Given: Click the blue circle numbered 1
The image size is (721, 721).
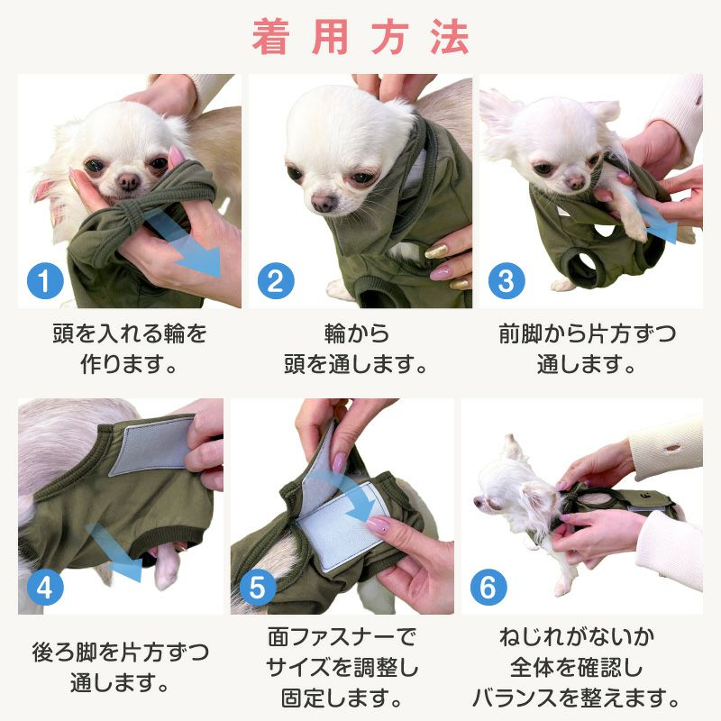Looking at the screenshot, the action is tap(45, 280).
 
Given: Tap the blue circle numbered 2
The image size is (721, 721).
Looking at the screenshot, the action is tap(276, 280).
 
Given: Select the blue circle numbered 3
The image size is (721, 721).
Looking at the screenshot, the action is tap(507, 280).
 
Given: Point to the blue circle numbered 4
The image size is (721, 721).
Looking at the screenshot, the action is tap(45, 588).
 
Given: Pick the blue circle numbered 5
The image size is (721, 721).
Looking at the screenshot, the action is tap(258, 588).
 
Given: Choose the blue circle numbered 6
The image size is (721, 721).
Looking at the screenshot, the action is tap(488, 588).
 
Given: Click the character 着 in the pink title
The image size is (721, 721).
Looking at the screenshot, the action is tap(271, 37).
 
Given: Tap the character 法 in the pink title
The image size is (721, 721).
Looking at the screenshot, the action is tap(450, 37).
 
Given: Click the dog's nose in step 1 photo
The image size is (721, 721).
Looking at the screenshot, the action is tap(129, 182).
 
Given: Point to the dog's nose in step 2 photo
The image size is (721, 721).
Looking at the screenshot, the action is tap(323, 202).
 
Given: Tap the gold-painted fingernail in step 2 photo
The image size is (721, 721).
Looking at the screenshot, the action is tap(436, 251).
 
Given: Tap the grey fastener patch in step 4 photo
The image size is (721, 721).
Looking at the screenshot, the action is tap(153, 445).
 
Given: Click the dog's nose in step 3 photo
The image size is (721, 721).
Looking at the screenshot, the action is tap(576, 184).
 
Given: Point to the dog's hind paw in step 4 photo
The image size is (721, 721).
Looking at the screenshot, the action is tap(166, 570).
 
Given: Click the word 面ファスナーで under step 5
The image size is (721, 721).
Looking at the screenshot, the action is tap(342, 637).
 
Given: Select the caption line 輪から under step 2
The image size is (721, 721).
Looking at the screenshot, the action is tap(356, 333).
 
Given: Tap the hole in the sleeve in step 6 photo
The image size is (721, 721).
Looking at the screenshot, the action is tap(671, 447).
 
